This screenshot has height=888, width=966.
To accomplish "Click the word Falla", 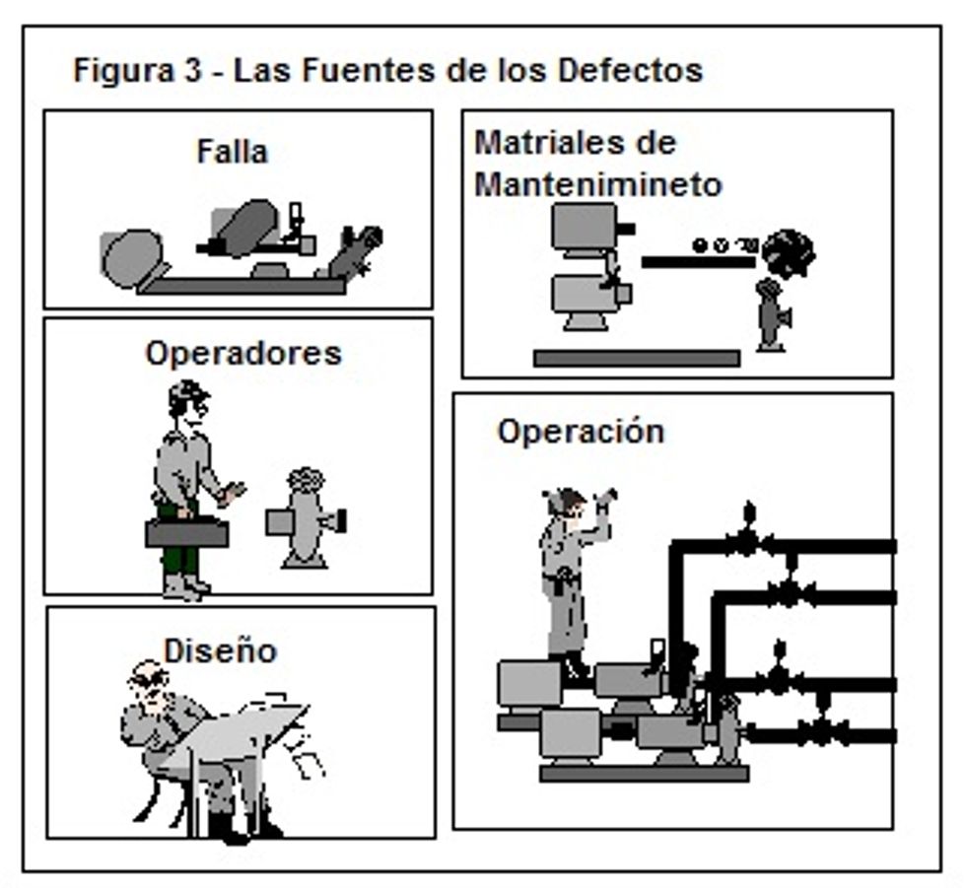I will [x=232, y=152].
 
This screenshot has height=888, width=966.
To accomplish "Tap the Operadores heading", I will [x=242, y=353].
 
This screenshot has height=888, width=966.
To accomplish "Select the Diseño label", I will [x=220, y=651].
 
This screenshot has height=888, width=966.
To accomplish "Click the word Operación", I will [x=581, y=432].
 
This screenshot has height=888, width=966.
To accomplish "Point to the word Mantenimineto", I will [x=598, y=184].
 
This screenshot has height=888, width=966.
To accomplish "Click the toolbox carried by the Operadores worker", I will [x=187, y=533].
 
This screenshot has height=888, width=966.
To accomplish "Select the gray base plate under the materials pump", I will [x=636, y=358].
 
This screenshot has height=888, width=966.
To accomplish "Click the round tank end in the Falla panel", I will [x=131, y=258].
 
